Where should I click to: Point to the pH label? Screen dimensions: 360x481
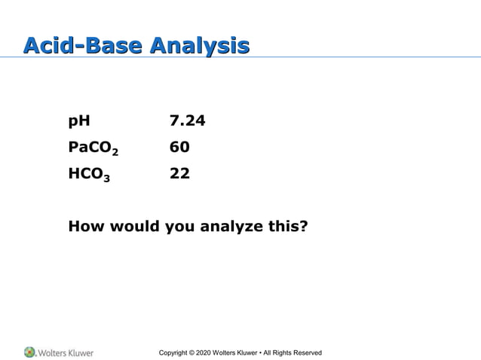pos(78,121)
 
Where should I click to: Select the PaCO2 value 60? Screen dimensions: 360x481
pos(179,147)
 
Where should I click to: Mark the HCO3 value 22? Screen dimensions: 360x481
pos(179,173)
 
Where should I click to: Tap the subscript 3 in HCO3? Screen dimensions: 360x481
pos(106,178)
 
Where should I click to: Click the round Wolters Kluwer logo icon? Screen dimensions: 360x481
pos(29,352)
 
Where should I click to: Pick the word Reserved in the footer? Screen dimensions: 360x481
pos(306,352)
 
